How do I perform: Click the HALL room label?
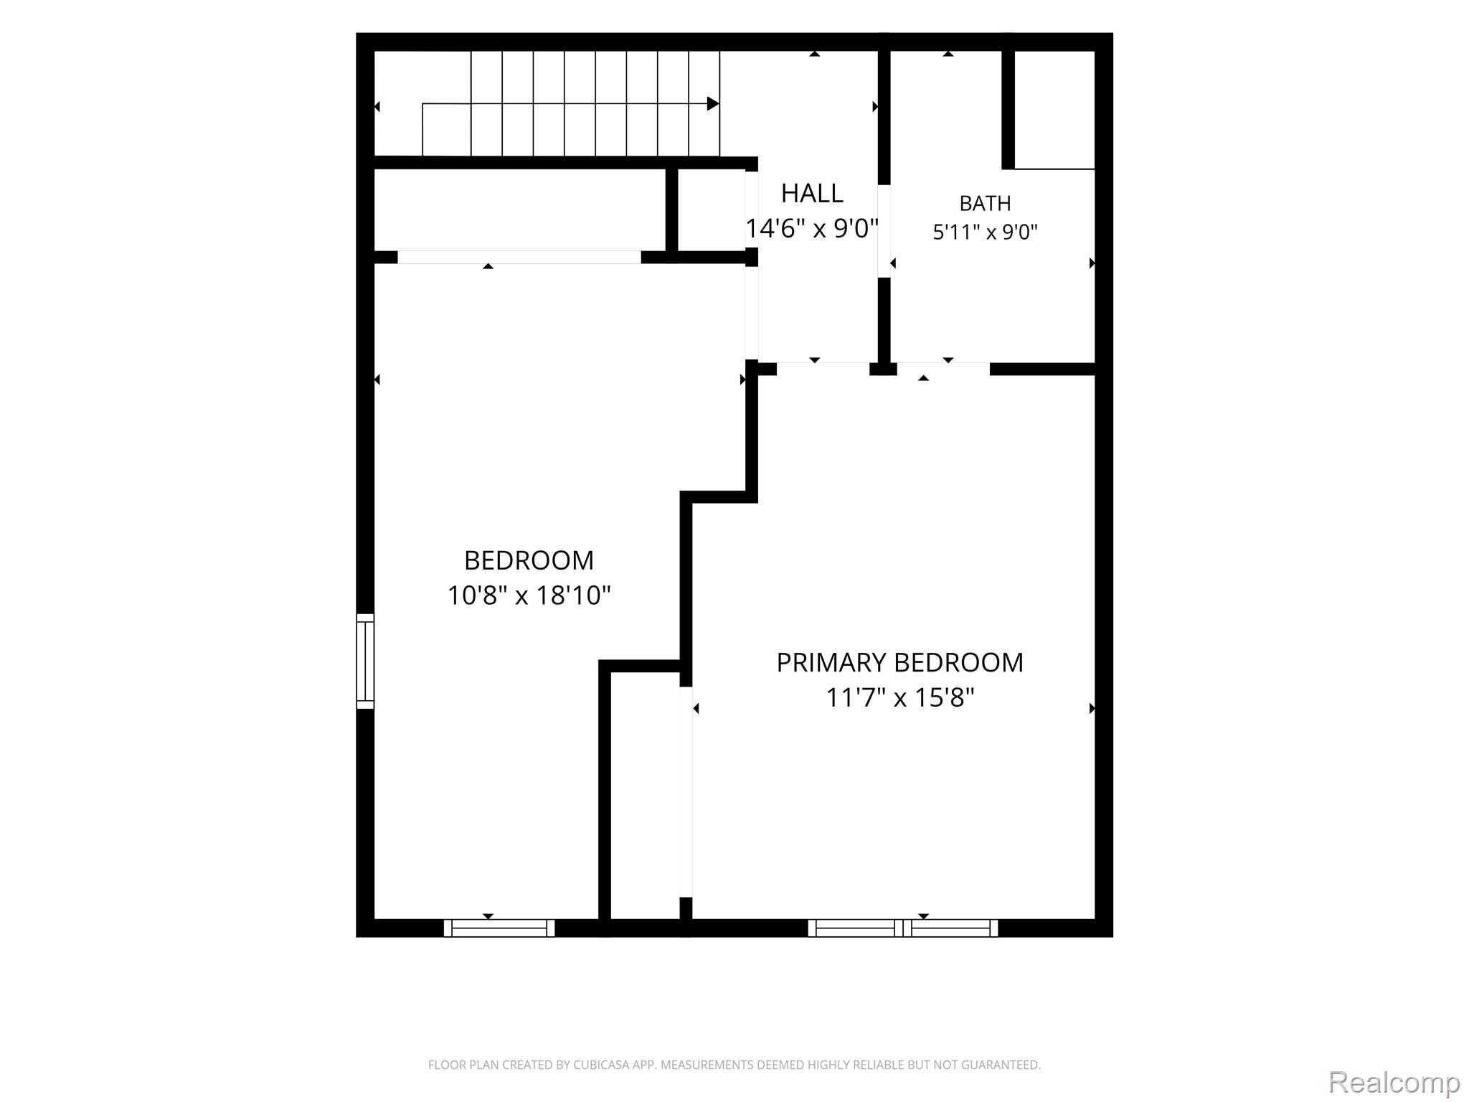coord(812,193)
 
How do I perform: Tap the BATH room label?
coord(985,204)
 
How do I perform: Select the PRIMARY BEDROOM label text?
coord(899,662)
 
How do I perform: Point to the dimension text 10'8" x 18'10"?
coord(529,595)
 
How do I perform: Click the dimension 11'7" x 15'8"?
coord(900,697)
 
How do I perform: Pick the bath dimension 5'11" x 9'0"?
coord(985,232)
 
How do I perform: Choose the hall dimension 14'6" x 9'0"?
coord(812,229)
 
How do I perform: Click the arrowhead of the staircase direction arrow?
coord(713,104)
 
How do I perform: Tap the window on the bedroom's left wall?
coord(366,661)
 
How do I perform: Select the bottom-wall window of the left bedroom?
coord(499,928)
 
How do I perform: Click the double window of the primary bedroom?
coord(903,928)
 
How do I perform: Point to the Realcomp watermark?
coord(1394,1082)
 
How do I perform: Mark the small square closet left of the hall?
coord(711,210)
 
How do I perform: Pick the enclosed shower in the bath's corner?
coord(1055,110)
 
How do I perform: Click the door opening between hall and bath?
coord(884,231)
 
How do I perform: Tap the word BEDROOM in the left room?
coord(529,560)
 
